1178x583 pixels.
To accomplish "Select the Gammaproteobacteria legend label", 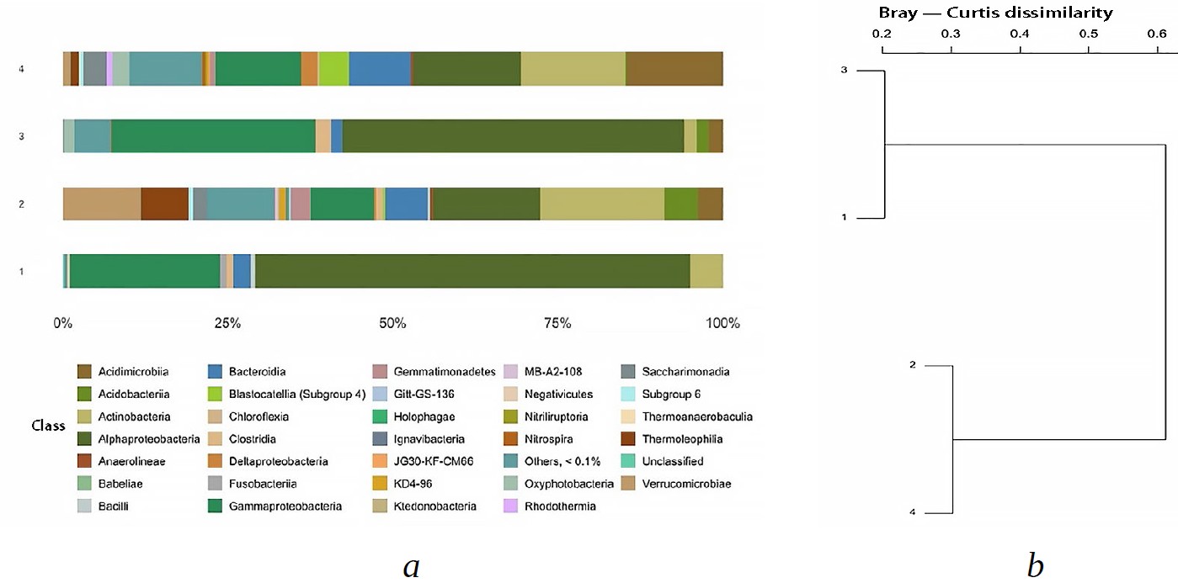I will coord(285,506).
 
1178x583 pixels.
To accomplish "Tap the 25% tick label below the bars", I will coord(227,324).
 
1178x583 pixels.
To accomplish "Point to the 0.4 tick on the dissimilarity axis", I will coord(1020,34).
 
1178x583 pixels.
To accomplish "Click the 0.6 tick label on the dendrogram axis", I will coord(1157,34).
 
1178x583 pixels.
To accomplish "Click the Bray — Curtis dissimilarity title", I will coord(995,13).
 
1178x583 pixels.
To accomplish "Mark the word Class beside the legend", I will coord(49,426).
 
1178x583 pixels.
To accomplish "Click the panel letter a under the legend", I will coord(411,566).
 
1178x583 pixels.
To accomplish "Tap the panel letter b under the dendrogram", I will coord(1035,566).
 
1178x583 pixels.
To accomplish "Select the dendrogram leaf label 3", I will coord(844,71).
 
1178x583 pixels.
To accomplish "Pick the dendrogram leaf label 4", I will coord(913,512).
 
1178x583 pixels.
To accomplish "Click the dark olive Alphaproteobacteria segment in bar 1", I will coord(472,271).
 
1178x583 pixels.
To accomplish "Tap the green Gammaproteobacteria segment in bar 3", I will coord(213,136).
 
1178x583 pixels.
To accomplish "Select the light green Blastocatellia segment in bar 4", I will coord(333,68).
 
